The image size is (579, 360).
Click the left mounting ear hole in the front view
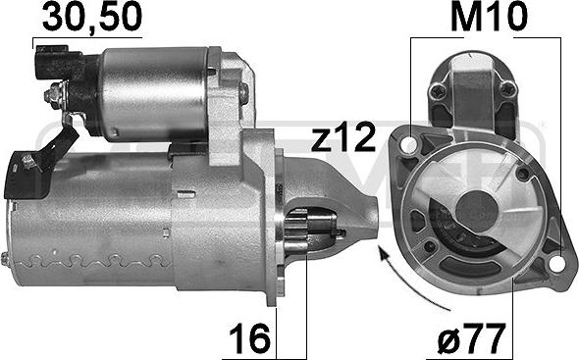tap(402, 147)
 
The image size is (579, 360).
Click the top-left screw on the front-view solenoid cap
tap(438, 92)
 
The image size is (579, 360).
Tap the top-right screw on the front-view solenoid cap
tap(506, 91)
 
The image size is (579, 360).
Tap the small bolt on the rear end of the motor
tap(6, 258)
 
